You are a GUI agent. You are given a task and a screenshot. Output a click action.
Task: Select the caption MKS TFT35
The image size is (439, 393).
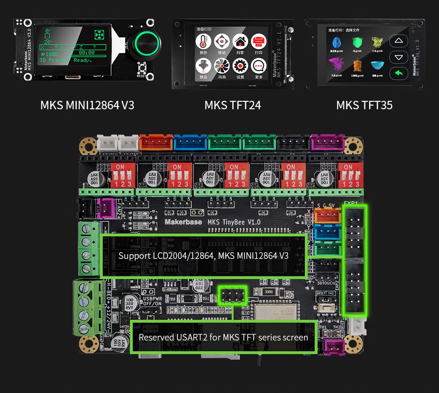pos(364,105)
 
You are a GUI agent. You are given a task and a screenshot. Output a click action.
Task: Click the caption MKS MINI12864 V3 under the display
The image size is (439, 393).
pos(87,105)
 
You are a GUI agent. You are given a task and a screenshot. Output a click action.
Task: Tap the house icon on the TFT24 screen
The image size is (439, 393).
pos(240,41)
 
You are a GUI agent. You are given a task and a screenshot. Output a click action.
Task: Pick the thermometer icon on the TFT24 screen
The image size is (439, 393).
pos(203,41)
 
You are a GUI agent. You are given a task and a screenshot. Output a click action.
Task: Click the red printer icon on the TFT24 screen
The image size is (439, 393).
pos(258,41)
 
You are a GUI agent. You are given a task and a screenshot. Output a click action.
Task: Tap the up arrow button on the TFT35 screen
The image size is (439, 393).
pos(399,41)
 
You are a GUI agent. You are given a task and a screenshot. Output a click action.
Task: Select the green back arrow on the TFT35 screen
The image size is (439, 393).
pos(399,73)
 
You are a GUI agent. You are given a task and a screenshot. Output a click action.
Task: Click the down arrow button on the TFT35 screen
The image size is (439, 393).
pos(399,57)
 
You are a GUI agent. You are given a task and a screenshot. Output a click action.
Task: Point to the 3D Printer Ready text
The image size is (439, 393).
pos(65,60)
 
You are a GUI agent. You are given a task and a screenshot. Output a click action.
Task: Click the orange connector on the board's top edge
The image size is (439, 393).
pos(152,143)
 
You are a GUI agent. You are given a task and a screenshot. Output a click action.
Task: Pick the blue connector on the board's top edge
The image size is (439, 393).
pos(187,143)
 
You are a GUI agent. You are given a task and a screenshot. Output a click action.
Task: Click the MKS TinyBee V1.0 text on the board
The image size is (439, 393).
pos(234,222)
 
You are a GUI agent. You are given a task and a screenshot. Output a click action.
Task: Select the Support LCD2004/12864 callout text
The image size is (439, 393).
pos(203,256)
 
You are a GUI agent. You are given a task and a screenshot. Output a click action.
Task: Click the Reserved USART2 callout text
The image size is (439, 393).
pos(223,337)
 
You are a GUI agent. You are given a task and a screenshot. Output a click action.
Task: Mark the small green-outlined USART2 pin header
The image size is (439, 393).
pos(233,295)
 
